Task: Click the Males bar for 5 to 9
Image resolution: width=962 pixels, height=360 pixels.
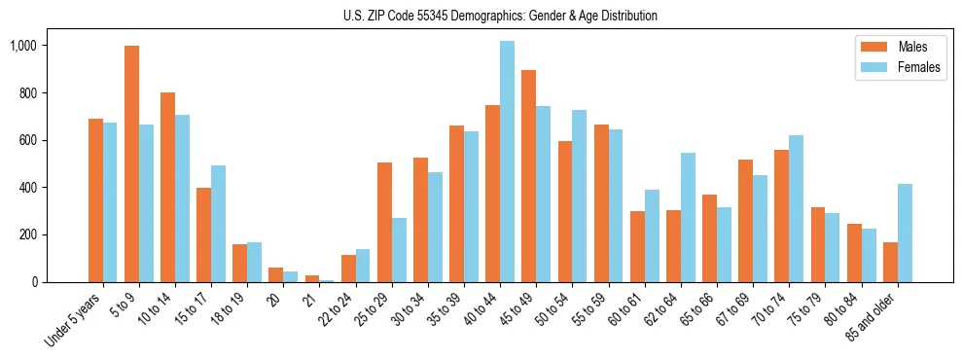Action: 131,163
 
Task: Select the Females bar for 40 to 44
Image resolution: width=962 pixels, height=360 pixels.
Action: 507,162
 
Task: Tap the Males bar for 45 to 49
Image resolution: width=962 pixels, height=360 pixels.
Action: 528,176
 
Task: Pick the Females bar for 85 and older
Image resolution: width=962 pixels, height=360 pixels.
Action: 905,233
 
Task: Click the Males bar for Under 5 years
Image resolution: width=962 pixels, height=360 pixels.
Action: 95,200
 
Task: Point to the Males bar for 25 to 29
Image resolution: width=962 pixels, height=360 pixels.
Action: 384,222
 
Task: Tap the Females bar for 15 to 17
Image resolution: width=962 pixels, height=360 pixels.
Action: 218,224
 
